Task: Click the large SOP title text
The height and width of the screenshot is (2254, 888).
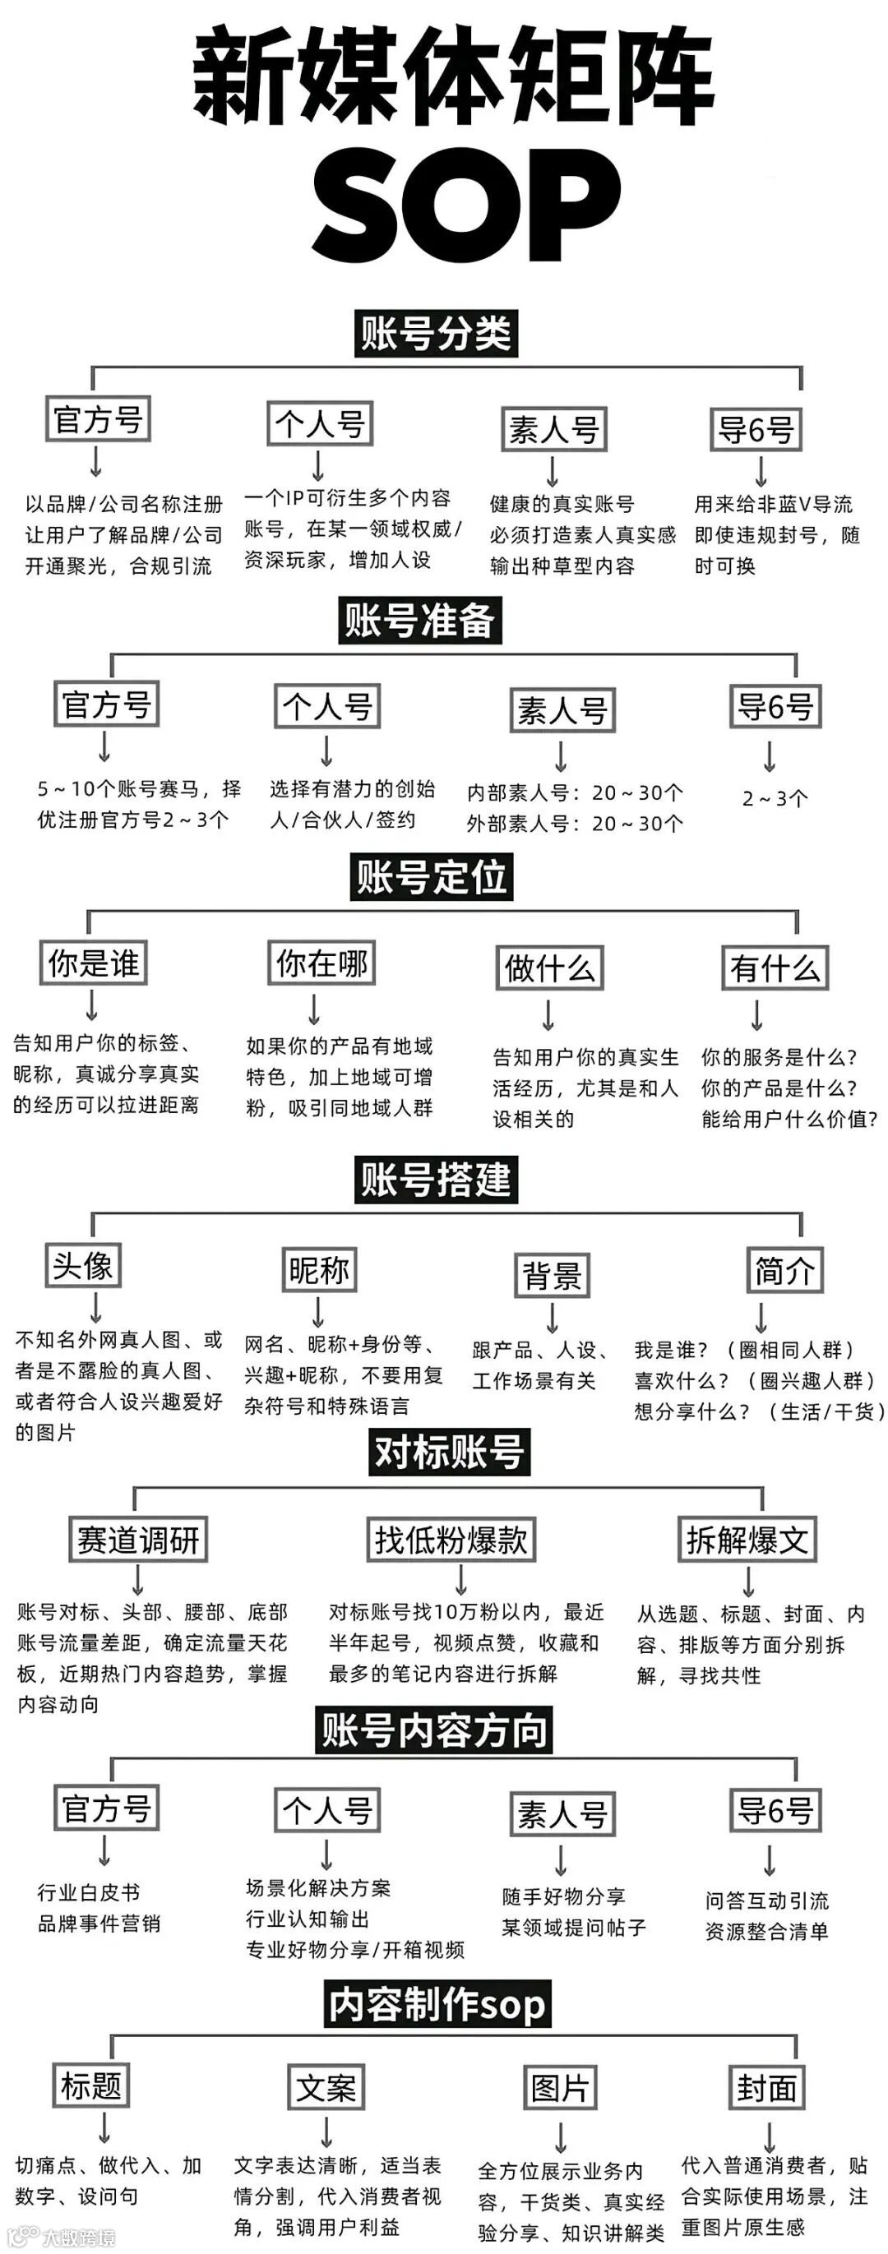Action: (x=466, y=207)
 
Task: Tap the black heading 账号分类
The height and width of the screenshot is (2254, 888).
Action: (x=436, y=334)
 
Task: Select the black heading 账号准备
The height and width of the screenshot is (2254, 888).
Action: (x=420, y=621)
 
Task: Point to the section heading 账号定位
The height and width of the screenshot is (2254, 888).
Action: (x=432, y=877)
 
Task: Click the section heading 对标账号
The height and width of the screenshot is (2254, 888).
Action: (x=449, y=1452)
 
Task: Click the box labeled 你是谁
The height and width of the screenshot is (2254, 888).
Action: (x=93, y=963)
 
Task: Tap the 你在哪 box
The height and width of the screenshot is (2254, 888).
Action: (x=321, y=963)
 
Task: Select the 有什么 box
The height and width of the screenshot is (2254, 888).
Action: (x=775, y=968)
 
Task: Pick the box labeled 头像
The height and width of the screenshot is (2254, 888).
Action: (x=83, y=1265)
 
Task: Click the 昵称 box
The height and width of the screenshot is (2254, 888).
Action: (x=318, y=1270)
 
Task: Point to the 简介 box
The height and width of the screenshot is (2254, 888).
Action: (x=784, y=1270)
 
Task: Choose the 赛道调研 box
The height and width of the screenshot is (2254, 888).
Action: (x=138, y=1540)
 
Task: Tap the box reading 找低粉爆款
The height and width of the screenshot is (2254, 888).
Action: (x=451, y=1540)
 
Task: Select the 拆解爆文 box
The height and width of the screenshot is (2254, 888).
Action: (x=747, y=1540)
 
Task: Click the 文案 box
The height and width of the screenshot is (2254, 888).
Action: (x=326, y=2088)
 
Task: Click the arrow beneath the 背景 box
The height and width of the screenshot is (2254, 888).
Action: (x=552, y=1317)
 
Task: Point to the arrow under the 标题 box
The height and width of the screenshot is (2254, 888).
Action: (x=104, y=2127)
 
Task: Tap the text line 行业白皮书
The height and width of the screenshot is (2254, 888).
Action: (x=88, y=1892)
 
